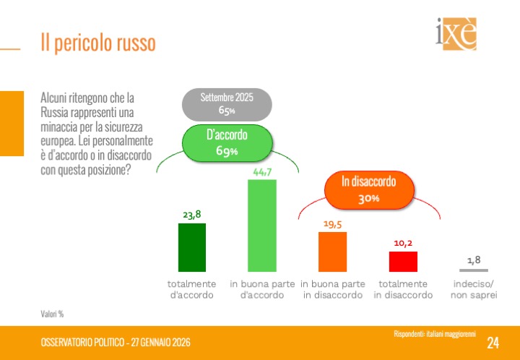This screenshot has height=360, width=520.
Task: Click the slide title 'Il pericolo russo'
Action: click(x=98, y=43)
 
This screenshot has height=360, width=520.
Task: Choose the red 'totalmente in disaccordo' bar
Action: click(x=403, y=261)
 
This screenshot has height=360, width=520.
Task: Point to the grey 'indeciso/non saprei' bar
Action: click(x=473, y=270)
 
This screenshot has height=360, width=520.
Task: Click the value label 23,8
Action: click(x=191, y=214)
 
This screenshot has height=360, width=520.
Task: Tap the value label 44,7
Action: click(x=262, y=171)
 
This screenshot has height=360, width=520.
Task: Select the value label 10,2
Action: click(x=403, y=243)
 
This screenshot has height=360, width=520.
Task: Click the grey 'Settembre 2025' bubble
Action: click(x=226, y=104)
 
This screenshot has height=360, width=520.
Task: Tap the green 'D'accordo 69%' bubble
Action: click(x=226, y=142)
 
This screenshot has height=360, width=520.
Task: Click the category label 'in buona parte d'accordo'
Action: click(x=262, y=289)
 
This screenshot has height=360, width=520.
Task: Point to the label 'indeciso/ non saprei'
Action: click(x=474, y=289)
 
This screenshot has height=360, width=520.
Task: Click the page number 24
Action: click(x=493, y=343)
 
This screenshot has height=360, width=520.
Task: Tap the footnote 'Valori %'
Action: click(x=52, y=314)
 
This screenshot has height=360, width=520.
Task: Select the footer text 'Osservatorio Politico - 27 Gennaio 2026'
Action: click(x=116, y=342)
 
